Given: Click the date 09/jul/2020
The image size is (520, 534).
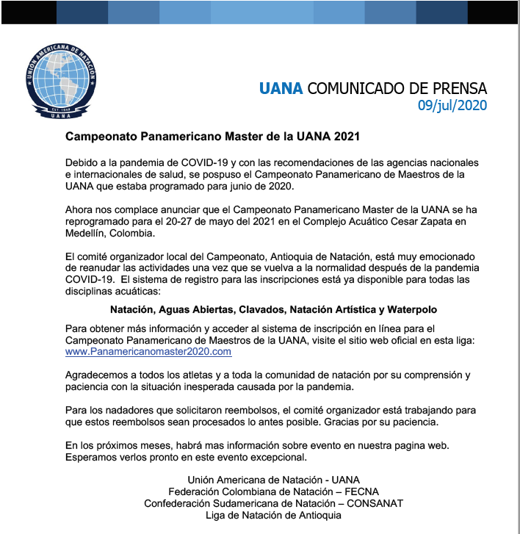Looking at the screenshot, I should point(452,105).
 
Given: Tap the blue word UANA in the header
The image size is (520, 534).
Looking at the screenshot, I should point(281,89).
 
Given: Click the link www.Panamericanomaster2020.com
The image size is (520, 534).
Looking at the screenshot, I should point(148,351).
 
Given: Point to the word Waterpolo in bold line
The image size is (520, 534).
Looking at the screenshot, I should point(412,310).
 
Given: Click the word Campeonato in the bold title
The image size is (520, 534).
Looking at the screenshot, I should point(101,137).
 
